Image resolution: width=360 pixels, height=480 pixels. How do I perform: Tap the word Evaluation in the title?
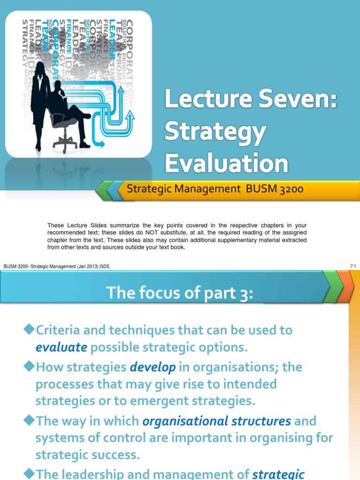click(x=226, y=164)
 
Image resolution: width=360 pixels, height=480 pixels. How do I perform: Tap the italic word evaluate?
click(x=61, y=347)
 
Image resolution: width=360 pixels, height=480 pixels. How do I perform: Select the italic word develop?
click(x=153, y=367)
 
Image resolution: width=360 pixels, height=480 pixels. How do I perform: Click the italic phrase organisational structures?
click(x=216, y=420)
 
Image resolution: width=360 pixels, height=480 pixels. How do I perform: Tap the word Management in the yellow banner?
click(x=205, y=189)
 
